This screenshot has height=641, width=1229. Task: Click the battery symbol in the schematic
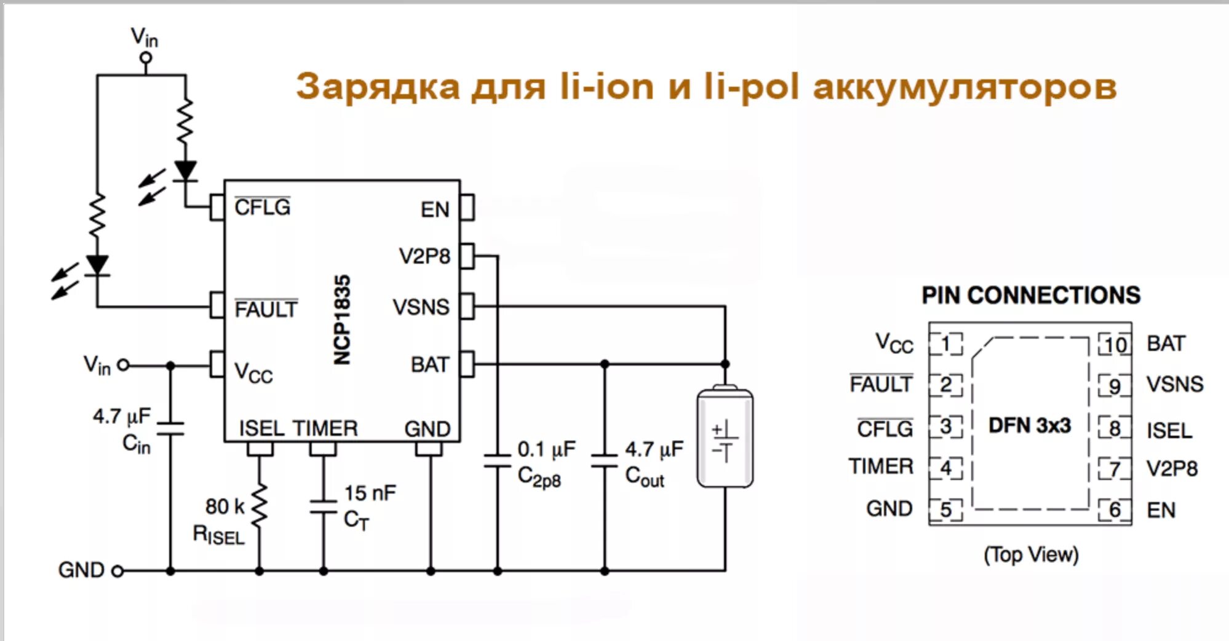coord(725,437)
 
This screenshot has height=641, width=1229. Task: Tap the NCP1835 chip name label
coord(342,320)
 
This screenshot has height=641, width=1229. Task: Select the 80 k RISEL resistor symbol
coord(260,505)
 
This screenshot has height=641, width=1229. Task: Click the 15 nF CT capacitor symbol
coord(324,507)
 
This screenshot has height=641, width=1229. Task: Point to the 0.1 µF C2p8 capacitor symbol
coord(497,461)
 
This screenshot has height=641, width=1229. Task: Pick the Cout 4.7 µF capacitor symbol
coord(604,461)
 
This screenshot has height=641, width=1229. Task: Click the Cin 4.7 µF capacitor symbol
coord(170,428)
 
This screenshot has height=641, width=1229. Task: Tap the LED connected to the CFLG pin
coord(185,171)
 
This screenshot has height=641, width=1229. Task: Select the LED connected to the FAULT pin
coord(97,265)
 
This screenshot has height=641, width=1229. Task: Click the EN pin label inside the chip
coord(435,210)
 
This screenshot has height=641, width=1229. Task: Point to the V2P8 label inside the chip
coord(424,256)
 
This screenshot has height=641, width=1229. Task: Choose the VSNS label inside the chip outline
coord(421,307)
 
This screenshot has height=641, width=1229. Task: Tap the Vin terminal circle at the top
coord(146,58)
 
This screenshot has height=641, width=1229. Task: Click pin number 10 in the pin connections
coord(1115,345)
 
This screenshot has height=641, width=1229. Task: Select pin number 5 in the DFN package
coord(945,509)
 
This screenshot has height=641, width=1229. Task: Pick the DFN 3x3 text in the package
coord(1030,425)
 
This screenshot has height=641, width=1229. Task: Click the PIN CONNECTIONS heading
coord(1031,296)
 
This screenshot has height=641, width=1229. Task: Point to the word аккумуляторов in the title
coord(965,87)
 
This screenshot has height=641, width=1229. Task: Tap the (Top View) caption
coord(1031,554)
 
